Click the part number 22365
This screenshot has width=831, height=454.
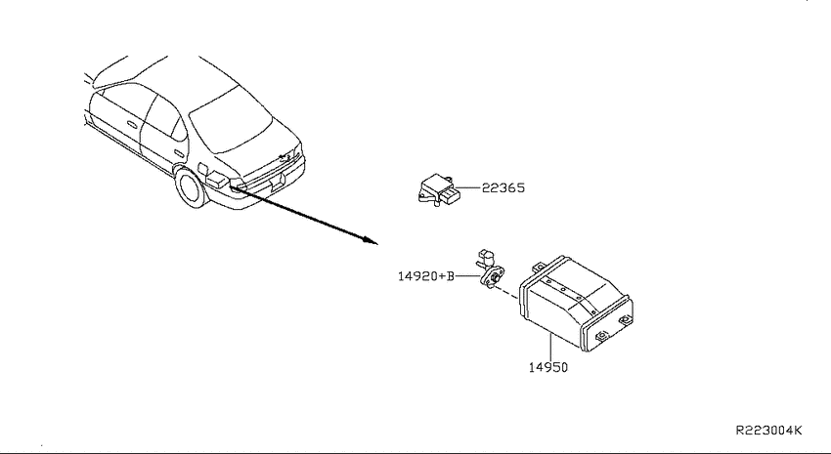point(503,187)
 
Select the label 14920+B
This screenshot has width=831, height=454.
point(426,276)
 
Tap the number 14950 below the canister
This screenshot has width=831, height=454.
point(548,367)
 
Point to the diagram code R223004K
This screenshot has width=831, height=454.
point(769,431)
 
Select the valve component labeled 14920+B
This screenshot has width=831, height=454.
point(491,269)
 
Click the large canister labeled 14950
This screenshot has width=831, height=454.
point(576,304)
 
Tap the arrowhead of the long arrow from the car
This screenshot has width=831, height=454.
point(371,241)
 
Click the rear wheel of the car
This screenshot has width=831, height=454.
point(191,187)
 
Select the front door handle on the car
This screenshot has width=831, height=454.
point(131,124)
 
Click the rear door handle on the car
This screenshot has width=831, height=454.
point(179,154)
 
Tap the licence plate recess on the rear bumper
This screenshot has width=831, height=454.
point(277,184)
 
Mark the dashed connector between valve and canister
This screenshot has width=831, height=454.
point(506,292)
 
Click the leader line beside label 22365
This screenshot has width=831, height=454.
point(468,187)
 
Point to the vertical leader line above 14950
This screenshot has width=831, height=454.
point(550,347)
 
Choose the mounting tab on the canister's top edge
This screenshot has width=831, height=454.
point(538,266)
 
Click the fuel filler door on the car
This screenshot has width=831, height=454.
point(203,169)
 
